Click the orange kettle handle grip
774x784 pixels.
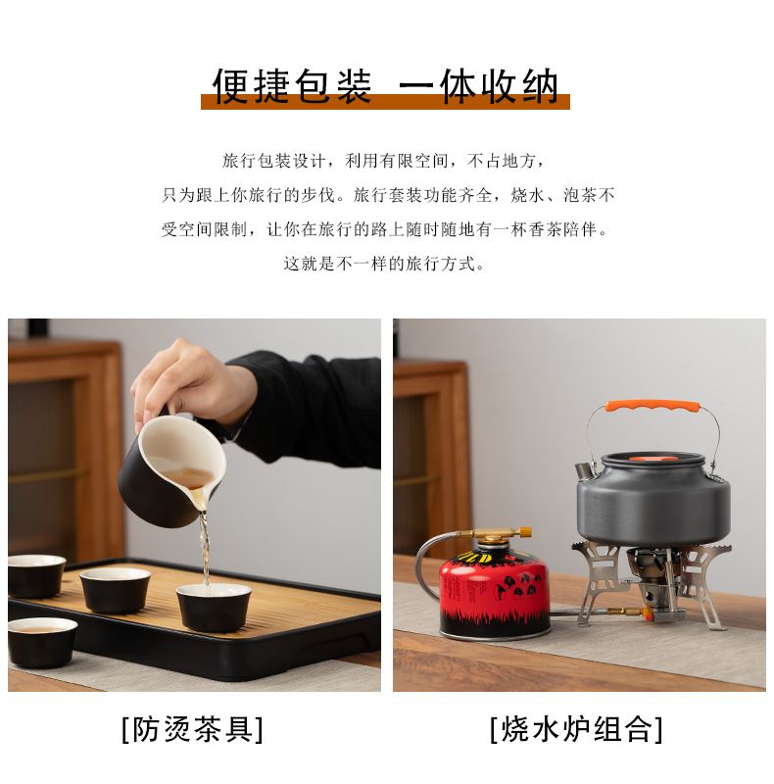[x=652, y=406]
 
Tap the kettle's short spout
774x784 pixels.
[x=582, y=470]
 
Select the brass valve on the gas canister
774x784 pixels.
[x=500, y=535]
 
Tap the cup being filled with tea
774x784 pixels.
[x=214, y=608]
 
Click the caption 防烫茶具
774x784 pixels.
[x=193, y=729]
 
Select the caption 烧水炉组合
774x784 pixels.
[x=577, y=729]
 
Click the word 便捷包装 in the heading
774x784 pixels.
[x=292, y=86]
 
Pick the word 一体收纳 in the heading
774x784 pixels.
[x=478, y=86]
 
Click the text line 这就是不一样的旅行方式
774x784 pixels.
[x=384, y=264]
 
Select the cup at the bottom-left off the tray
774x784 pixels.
[x=42, y=643]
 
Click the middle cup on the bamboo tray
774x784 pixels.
[x=115, y=590]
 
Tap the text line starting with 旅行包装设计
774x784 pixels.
[x=384, y=161]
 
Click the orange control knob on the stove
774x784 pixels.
[x=647, y=614]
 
